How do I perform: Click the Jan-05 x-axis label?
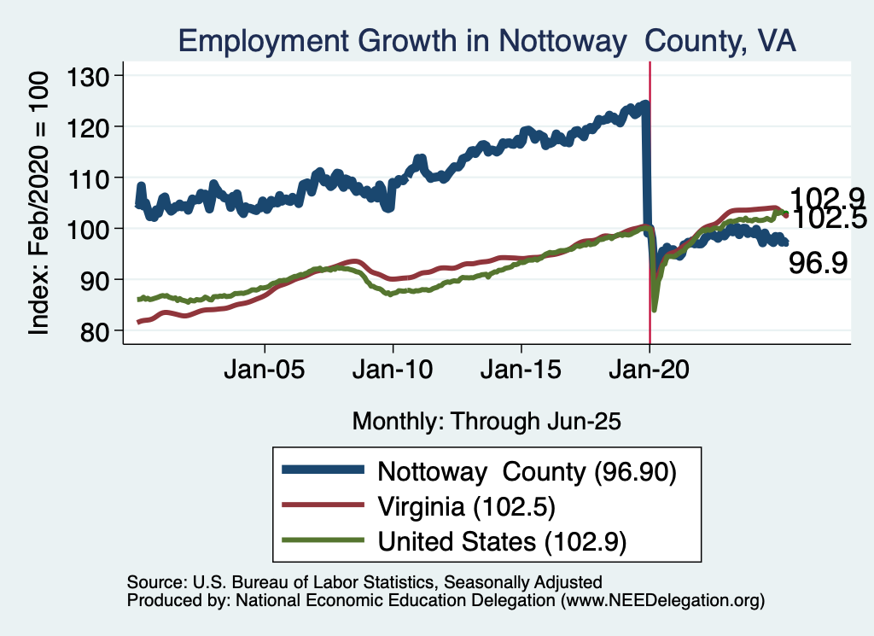coord(265,373)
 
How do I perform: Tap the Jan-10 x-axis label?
coord(393,373)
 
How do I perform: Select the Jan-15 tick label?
coord(521,373)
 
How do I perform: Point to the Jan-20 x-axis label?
coord(650,373)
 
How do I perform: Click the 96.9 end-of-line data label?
coord(818,263)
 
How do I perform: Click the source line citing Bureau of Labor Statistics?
coord(364,582)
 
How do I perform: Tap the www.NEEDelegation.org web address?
coord(659,601)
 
